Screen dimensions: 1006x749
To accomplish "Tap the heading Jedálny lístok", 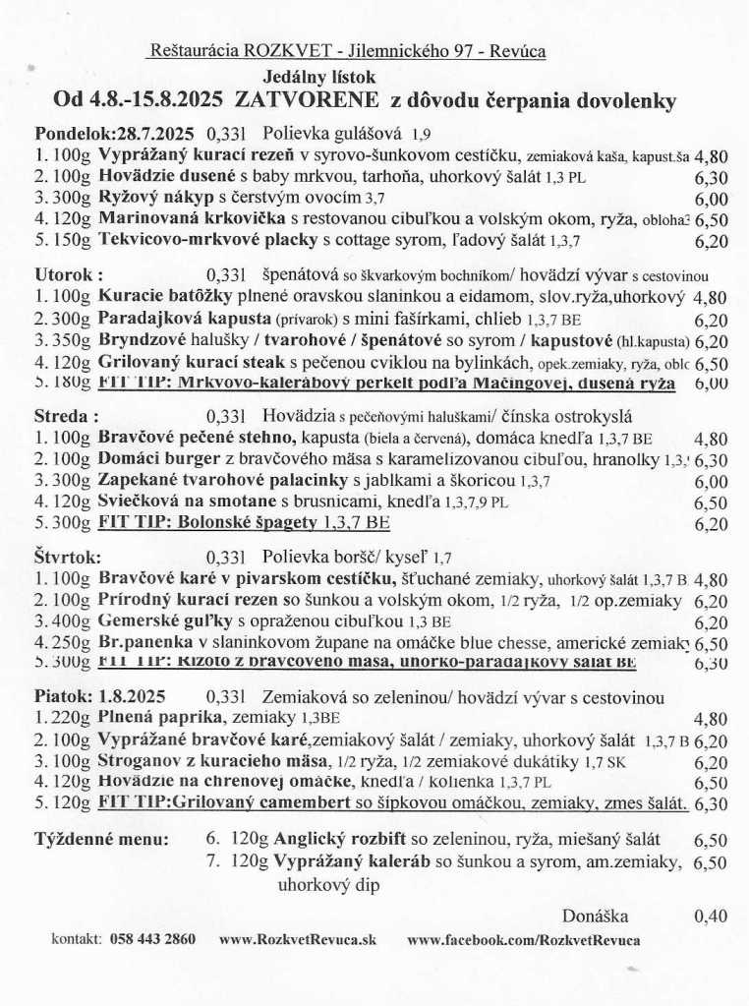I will (318, 77).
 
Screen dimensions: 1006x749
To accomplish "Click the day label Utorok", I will (69, 276).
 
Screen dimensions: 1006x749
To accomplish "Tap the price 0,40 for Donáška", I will (711, 916).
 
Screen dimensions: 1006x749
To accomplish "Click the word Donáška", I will (596, 916).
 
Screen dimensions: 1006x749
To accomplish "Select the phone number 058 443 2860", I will (152, 939).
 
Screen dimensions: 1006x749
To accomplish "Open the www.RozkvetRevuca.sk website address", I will (298, 939).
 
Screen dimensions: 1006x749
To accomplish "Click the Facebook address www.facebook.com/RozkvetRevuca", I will (523, 939).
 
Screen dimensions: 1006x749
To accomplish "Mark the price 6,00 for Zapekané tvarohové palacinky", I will (711, 480).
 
